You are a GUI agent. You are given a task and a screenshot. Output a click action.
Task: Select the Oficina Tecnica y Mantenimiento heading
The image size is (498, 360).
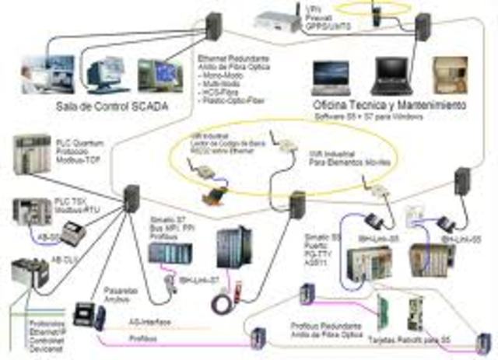[389, 103]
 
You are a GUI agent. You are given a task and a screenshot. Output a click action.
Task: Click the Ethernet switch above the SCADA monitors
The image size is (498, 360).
[215, 28]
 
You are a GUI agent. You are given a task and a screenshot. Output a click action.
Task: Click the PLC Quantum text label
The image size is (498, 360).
[79, 148]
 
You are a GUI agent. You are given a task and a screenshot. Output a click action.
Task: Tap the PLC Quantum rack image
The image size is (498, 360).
[32, 155]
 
